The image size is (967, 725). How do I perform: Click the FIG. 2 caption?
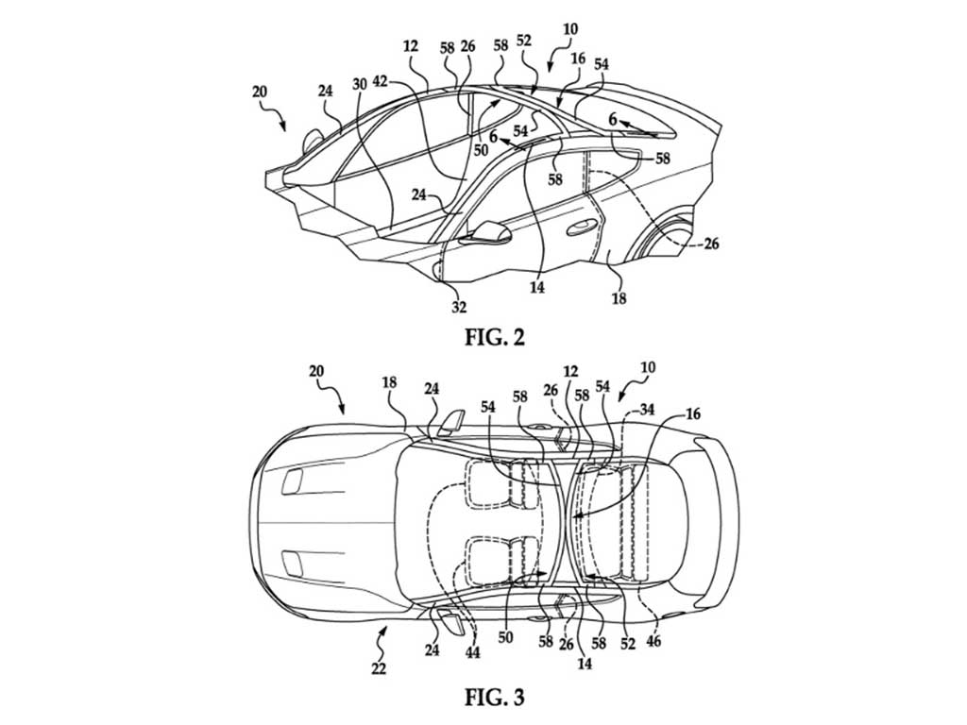pos(495,337)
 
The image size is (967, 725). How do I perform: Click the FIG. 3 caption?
pos(495,697)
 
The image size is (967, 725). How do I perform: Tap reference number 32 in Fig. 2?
pos(459,307)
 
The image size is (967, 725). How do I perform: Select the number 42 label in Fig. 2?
pos(382,82)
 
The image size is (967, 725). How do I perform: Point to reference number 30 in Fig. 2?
pos(360,83)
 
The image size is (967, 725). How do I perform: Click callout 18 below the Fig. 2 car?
pos(619,298)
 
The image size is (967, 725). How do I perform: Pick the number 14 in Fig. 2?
pos(537,287)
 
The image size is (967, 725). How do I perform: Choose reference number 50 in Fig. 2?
pos(481,150)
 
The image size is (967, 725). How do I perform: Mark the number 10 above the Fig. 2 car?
pos(570,29)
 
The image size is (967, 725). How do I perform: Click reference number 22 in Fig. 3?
pos(378,668)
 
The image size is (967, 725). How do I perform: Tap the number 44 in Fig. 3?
pos(473,652)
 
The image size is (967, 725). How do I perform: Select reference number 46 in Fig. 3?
pos(653,641)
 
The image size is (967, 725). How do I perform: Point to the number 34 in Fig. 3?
pos(646,408)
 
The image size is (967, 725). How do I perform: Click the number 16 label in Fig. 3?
pos(692,413)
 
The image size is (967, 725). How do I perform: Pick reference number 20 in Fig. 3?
pos(316,371)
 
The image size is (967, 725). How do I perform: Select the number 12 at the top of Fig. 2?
pos(410,46)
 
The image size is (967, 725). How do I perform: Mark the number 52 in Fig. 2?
pos(523,40)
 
